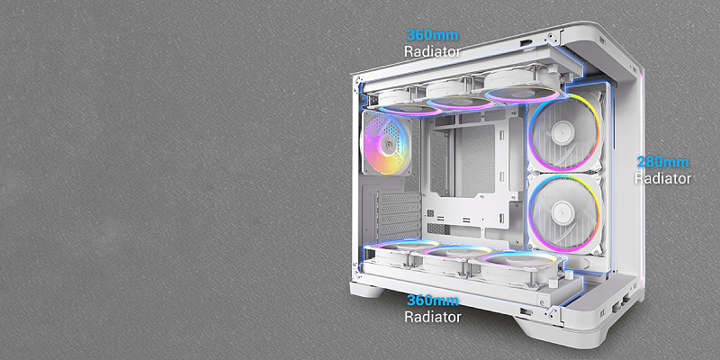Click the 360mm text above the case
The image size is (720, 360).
point(432,35)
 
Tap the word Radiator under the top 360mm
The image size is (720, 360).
point(432,51)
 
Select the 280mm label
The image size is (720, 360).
point(662,162)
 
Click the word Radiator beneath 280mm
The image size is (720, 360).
point(662,178)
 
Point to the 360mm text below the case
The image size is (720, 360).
point(433,301)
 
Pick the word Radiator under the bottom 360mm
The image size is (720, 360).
point(433,317)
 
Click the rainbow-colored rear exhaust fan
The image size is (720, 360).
point(386,143)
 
